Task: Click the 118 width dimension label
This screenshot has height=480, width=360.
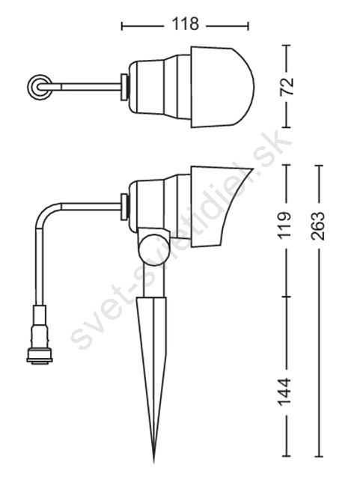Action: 186,24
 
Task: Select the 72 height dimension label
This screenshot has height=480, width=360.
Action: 287,87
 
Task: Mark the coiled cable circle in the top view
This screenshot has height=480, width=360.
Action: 39,87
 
